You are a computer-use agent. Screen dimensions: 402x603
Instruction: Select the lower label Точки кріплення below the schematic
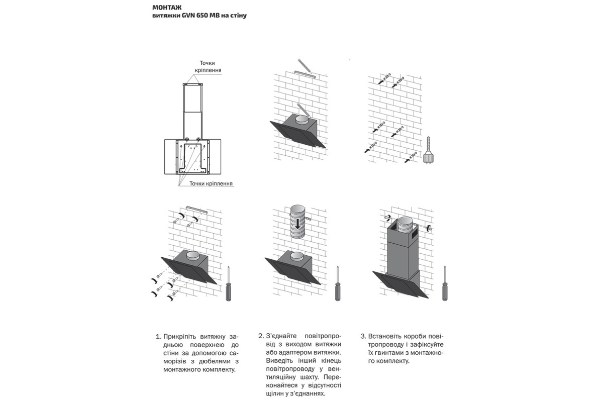(211, 184)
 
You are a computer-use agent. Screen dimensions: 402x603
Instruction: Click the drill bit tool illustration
(429, 149)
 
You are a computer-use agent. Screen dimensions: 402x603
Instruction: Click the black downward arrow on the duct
(297, 222)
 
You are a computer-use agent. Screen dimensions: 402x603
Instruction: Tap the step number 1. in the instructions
(159, 336)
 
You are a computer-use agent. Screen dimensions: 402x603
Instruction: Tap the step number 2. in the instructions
(261, 336)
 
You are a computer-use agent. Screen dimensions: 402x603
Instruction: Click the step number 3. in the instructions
(363, 336)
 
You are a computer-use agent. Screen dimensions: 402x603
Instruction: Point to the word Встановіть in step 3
(385, 336)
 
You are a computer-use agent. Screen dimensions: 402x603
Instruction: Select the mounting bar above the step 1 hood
(193, 208)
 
